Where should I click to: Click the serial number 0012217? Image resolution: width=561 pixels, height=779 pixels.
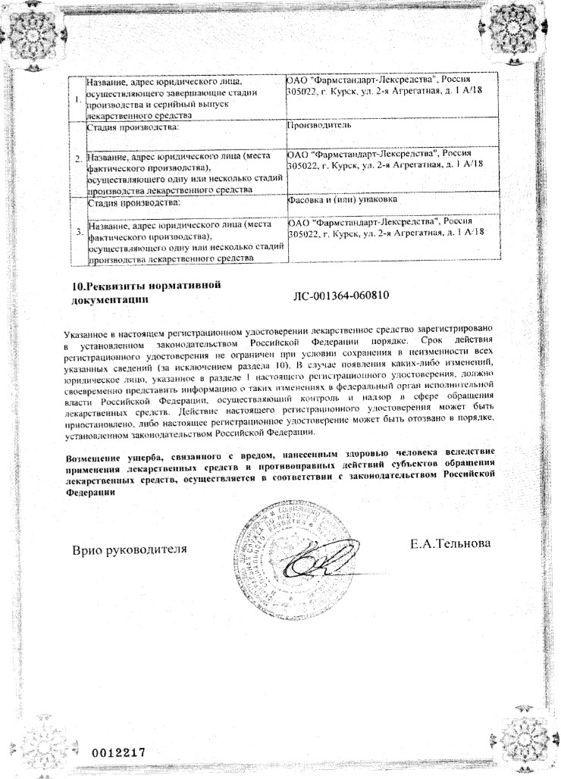(118, 752)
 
